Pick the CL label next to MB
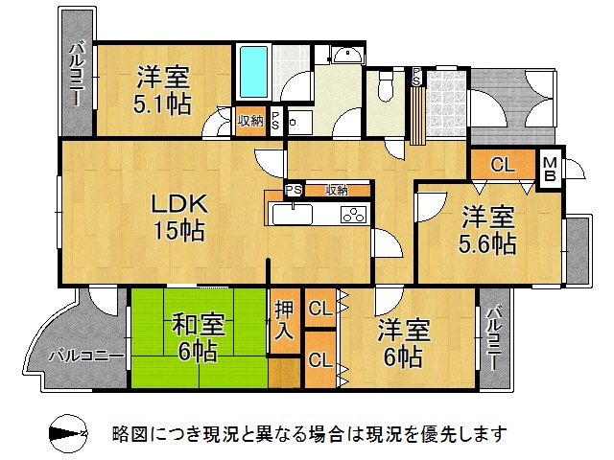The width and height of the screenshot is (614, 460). pyautogui.click(x=502, y=164)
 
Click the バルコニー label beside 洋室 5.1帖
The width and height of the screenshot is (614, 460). pyautogui.click(x=78, y=77)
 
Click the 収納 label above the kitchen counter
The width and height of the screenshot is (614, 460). pyautogui.click(x=336, y=190)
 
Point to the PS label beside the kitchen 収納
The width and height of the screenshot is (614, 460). pyautogui.click(x=294, y=190)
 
